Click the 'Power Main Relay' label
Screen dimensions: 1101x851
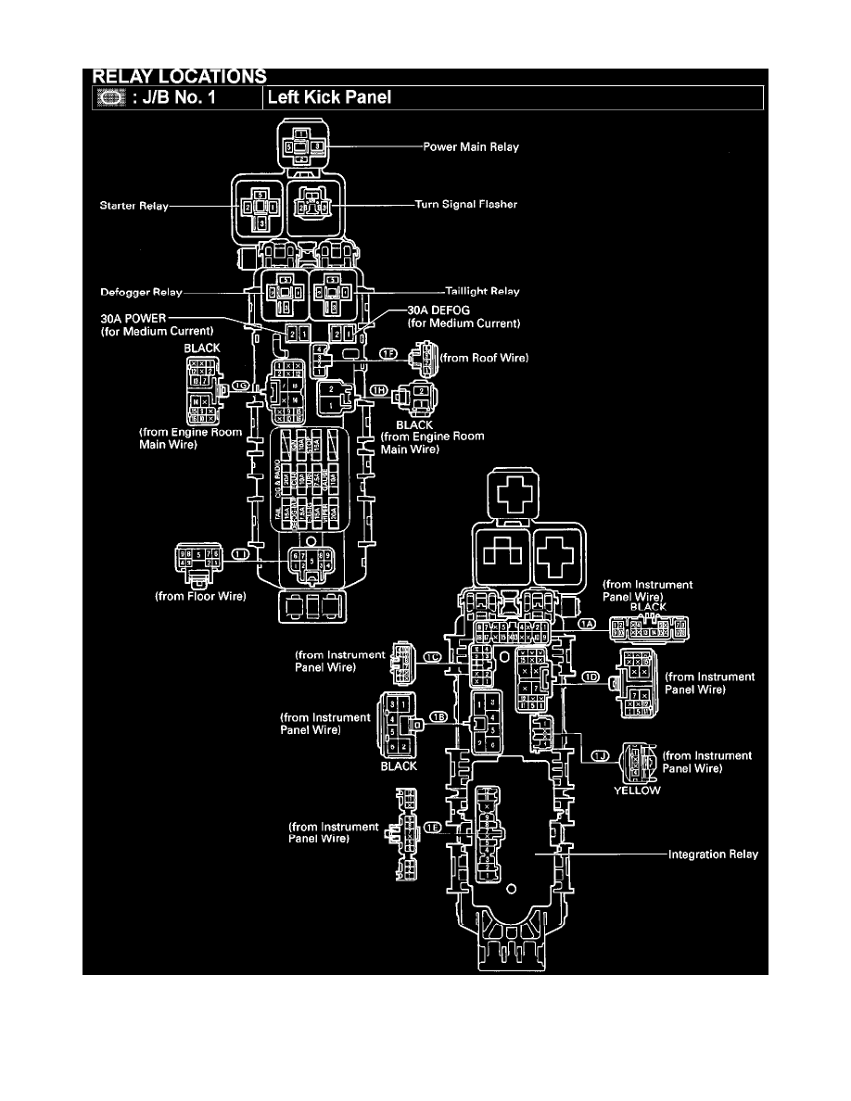(471, 146)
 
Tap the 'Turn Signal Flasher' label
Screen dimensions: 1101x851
(465, 205)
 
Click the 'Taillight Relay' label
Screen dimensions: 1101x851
(483, 291)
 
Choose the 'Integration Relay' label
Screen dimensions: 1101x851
(713, 854)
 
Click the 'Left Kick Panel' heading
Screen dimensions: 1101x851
(330, 97)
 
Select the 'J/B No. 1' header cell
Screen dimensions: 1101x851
(175, 97)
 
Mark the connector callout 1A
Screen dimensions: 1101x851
(586, 626)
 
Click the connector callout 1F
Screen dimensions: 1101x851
(387, 354)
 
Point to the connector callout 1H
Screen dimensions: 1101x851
(378, 391)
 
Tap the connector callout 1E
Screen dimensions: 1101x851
(432, 826)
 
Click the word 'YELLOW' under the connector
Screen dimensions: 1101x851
(637, 791)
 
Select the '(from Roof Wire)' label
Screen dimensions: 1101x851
(484, 356)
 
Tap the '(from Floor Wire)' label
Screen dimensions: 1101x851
(200, 597)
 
